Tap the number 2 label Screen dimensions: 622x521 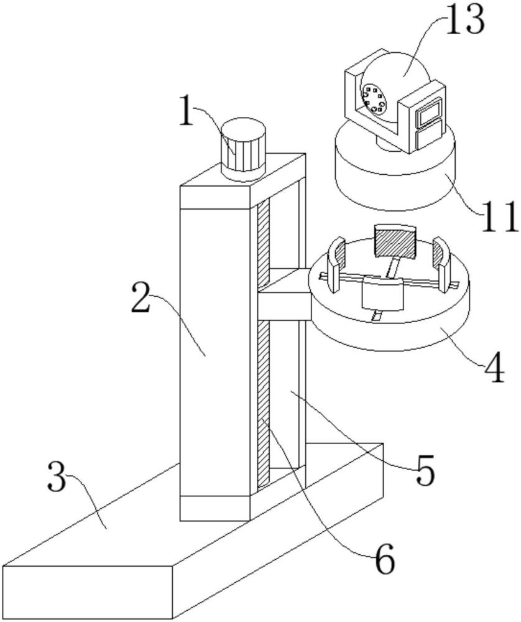tap(142, 299)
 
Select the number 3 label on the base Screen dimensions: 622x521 tap(57, 477)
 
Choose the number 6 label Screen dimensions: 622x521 tap(384, 561)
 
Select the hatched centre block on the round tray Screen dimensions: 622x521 tap(394, 241)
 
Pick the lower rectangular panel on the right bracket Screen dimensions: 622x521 tap(427, 137)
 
